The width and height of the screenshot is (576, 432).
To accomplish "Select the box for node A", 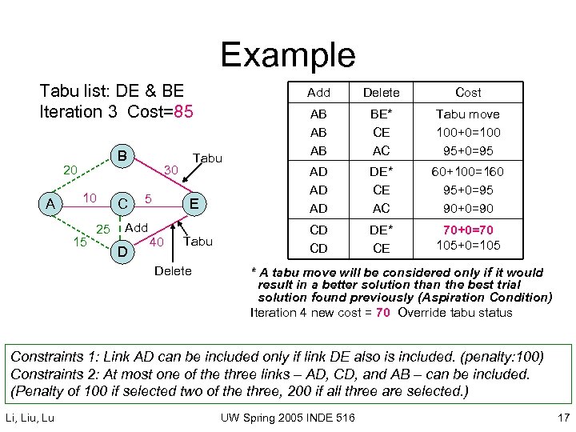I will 50,204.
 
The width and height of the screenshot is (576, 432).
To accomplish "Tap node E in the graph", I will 194,204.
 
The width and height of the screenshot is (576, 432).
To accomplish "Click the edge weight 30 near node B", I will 170,170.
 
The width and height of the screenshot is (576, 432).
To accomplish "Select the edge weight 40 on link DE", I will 158,242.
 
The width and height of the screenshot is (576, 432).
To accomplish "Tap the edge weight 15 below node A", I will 79,241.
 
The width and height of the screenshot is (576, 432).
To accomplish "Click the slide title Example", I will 287,54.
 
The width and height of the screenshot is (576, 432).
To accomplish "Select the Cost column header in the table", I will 468,92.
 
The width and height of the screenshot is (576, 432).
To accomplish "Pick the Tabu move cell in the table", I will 467,114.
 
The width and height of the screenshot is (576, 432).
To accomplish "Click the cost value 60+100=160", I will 467,171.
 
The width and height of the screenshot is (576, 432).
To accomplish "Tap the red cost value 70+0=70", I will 467,229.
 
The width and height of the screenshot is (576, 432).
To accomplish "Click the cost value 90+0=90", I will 467,208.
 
